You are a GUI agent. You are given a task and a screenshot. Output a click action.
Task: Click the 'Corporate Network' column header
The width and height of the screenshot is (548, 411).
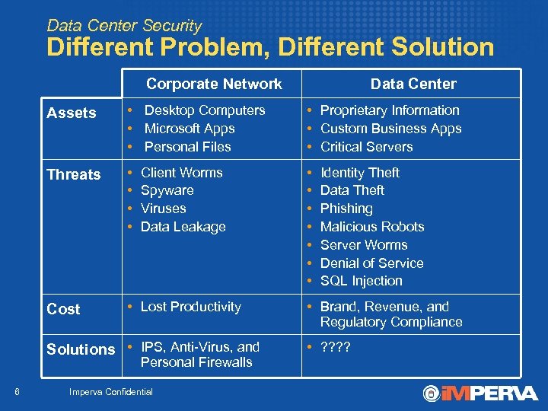[214, 84]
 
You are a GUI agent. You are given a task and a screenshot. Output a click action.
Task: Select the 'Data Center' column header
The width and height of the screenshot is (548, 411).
[413, 84]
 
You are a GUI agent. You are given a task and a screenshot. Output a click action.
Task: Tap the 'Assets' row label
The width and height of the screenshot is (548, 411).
[72, 113]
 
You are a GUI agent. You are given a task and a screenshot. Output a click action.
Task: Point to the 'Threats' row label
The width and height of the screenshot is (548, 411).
[74, 174]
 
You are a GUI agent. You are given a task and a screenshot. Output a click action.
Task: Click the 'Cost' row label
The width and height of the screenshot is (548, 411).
[63, 309]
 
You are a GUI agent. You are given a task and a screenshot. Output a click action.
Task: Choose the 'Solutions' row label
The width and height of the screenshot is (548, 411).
[81, 349]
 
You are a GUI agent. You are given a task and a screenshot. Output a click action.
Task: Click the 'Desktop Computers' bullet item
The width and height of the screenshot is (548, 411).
[204, 110]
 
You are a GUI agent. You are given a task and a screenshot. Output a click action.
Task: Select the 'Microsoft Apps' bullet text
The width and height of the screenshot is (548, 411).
[189, 129]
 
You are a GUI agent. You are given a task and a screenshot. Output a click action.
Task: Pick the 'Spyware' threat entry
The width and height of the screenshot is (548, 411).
[167, 190]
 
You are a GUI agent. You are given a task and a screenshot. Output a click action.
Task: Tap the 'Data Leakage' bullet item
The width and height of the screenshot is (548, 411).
[183, 227]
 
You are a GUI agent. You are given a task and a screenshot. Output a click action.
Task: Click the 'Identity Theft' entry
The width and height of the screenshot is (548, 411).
[359, 173]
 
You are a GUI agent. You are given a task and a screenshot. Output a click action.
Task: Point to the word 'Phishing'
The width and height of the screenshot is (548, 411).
[346, 209]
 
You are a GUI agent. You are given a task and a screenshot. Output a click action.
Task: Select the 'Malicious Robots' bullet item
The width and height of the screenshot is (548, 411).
[372, 227]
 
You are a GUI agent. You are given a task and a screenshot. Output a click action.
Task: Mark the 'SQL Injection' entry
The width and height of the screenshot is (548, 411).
[361, 281]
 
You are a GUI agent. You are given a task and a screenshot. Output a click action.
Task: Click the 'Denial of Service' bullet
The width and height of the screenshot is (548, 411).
[371, 263]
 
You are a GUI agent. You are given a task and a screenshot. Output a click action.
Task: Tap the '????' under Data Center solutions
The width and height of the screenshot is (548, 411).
[336, 347]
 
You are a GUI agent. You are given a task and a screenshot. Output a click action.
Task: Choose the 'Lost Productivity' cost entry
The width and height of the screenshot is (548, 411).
[190, 307]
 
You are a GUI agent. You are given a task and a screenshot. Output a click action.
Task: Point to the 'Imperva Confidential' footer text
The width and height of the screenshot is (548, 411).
[110, 392]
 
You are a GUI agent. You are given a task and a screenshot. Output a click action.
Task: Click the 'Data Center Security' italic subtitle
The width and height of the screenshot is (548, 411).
[124, 25]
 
